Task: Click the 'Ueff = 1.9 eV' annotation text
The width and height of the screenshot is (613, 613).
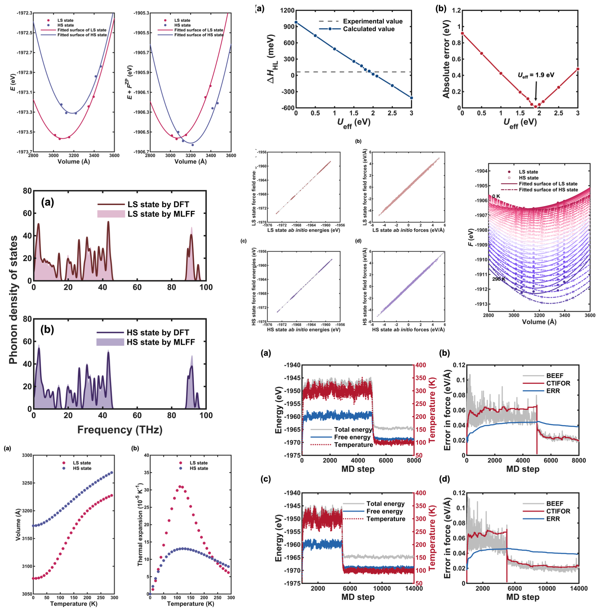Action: coord(536,75)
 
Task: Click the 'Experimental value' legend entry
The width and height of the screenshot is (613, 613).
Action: coord(372,21)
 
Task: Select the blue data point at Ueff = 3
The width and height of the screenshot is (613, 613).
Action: coord(411,98)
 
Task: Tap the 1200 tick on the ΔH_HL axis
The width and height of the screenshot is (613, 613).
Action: coord(287,10)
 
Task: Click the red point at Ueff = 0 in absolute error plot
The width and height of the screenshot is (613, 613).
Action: coord(462,33)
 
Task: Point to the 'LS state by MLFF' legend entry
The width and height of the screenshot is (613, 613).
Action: coord(161,214)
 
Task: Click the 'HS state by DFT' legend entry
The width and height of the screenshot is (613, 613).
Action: coord(158,333)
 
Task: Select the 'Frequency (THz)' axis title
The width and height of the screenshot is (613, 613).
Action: coord(120,429)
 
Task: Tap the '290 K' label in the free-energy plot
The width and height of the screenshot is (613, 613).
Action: coord(499,279)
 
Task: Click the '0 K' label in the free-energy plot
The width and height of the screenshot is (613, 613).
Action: coord(496,196)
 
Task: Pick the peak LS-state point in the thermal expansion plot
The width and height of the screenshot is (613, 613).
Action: coord(180,486)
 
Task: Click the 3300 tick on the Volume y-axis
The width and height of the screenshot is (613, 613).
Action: coord(27,455)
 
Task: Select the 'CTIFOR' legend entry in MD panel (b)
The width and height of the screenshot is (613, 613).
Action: coord(558,383)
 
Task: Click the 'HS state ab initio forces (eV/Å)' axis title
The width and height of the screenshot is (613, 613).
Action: coord(408,330)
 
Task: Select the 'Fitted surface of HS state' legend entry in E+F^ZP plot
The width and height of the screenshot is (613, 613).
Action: coord(199,35)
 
